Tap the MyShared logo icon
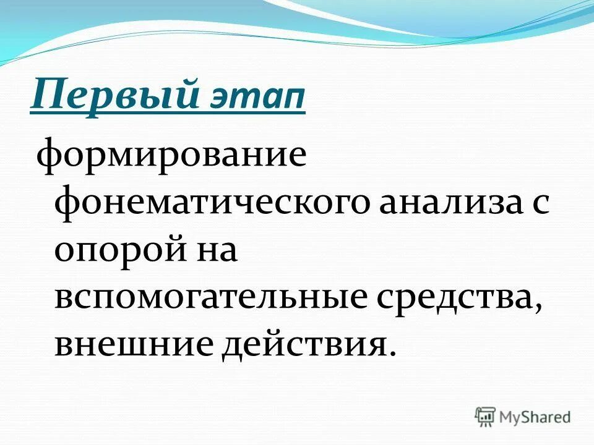coord(486,417)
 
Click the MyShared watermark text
coord(536,417)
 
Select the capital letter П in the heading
coord(45,95)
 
